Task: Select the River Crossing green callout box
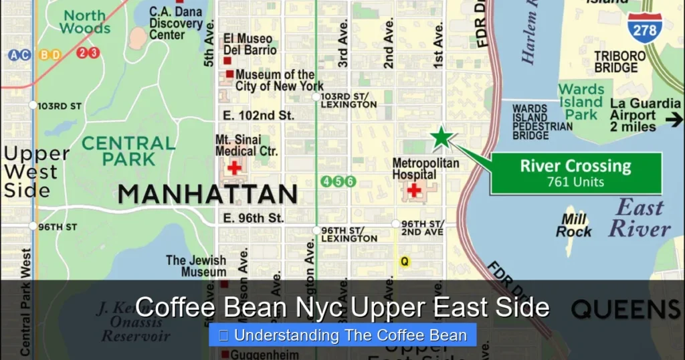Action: tap(575, 173)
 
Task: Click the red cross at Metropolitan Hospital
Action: tap(414, 190)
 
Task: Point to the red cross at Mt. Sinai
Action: tap(234, 167)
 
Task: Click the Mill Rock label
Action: tap(573, 226)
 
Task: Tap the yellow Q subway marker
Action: tap(404, 262)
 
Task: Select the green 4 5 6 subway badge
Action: tap(338, 181)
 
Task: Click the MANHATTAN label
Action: tap(207, 194)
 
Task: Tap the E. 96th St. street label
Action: tap(254, 217)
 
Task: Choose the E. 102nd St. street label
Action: tap(258, 115)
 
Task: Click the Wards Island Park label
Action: tap(581, 102)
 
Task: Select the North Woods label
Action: tap(85, 21)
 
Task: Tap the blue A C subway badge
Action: tap(19, 55)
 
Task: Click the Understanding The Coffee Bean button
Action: tap(342, 335)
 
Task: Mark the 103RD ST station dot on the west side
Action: tap(33, 105)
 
